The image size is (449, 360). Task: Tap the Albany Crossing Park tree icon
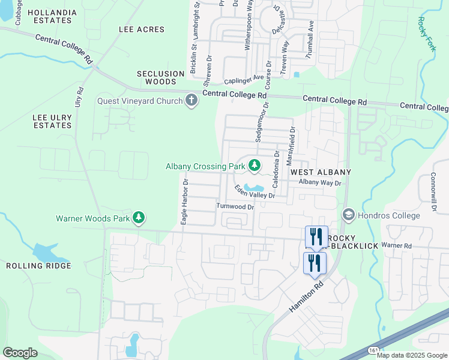click(255, 164)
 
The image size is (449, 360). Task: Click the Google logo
click(20, 352)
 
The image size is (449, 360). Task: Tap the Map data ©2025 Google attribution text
click(412, 355)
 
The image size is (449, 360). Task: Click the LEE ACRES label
click(141, 29)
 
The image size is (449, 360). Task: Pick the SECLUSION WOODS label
click(160, 77)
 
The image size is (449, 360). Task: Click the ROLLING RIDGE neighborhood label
click(38, 265)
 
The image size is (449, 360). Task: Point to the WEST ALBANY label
click(321, 172)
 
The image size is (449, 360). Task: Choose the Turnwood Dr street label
click(236, 206)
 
